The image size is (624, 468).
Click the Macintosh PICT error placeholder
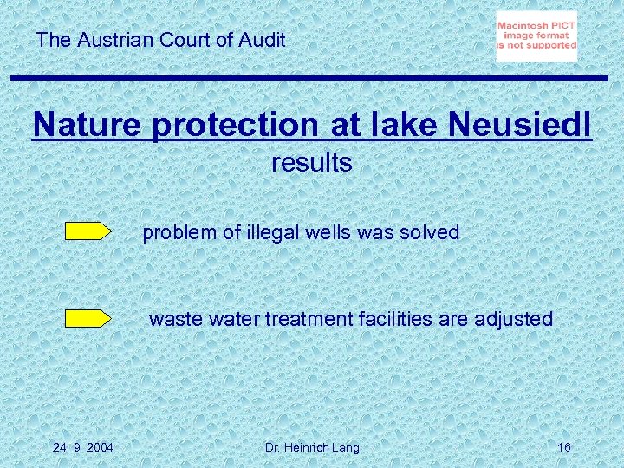pos(536,36)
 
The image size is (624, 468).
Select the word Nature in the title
pos(88,125)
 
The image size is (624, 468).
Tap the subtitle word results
pos(312,162)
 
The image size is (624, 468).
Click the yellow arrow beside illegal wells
pos(88,231)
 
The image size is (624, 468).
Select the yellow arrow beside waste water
pos(88,318)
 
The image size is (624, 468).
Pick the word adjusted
pos(513,319)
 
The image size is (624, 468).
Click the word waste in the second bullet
pos(173,319)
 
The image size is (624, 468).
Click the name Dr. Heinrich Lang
pos(312,447)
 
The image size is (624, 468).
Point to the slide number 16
pos(564,447)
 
